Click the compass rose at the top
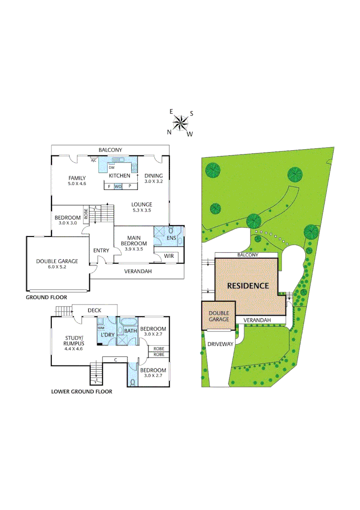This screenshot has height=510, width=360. click(180, 123)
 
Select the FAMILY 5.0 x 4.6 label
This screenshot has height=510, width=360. click(76, 180)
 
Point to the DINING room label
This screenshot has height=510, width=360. click(153, 178)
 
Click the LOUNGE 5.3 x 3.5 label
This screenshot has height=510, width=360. click(142, 207)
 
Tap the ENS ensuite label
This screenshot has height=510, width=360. click(171, 238)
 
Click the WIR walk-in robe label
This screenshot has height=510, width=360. click(168, 256)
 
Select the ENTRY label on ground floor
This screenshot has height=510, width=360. click(101, 250)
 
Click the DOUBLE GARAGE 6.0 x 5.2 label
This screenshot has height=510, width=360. click(57, 263)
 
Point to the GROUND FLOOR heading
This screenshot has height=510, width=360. click(46, 297)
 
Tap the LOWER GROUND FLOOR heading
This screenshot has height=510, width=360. click(82, 391)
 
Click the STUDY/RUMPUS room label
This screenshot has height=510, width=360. click(74, 340)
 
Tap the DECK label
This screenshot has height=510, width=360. click(94, 310)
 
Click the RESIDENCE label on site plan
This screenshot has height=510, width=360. click(248, 286)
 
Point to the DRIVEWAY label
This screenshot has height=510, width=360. click(220, 344)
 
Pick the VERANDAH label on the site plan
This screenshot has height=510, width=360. click(257, 320)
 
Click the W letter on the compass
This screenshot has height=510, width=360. click(190, 134)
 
